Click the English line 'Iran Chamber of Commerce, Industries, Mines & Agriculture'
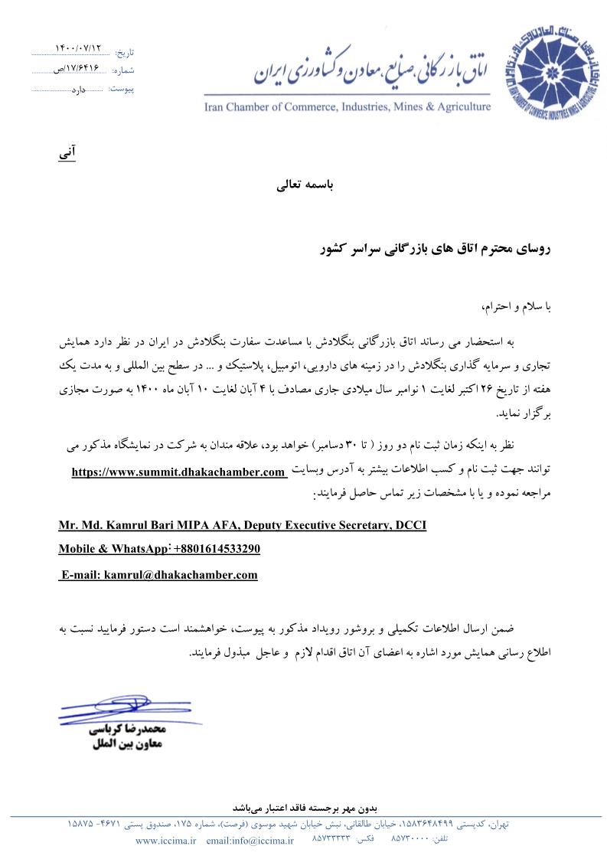point(347,106)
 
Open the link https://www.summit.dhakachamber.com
point(178,472)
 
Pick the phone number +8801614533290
point(217,549)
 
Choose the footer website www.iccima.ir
point(166,841)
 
